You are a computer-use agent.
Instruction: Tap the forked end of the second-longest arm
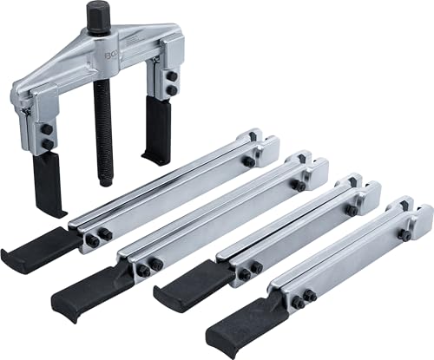(309, 166)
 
